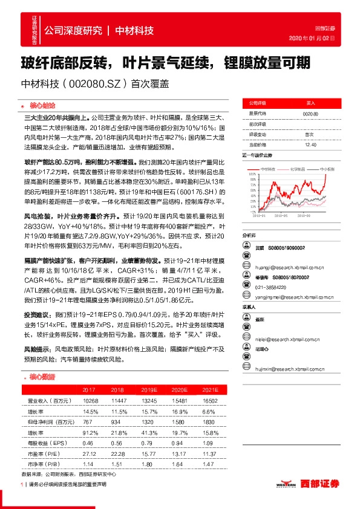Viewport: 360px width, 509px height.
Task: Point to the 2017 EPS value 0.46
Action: point(89,442)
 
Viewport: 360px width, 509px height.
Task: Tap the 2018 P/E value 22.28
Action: point(117,453)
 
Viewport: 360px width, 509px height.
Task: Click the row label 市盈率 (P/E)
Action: point(43,453)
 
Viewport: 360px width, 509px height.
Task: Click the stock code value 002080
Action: point(310,113)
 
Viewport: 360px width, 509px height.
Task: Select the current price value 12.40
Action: point(310,144)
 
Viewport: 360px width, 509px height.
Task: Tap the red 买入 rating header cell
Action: point(310,103)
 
